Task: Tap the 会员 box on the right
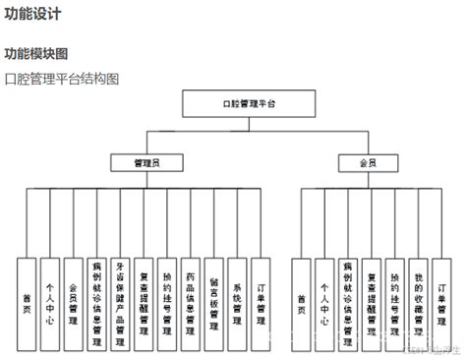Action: pos(367,162)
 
